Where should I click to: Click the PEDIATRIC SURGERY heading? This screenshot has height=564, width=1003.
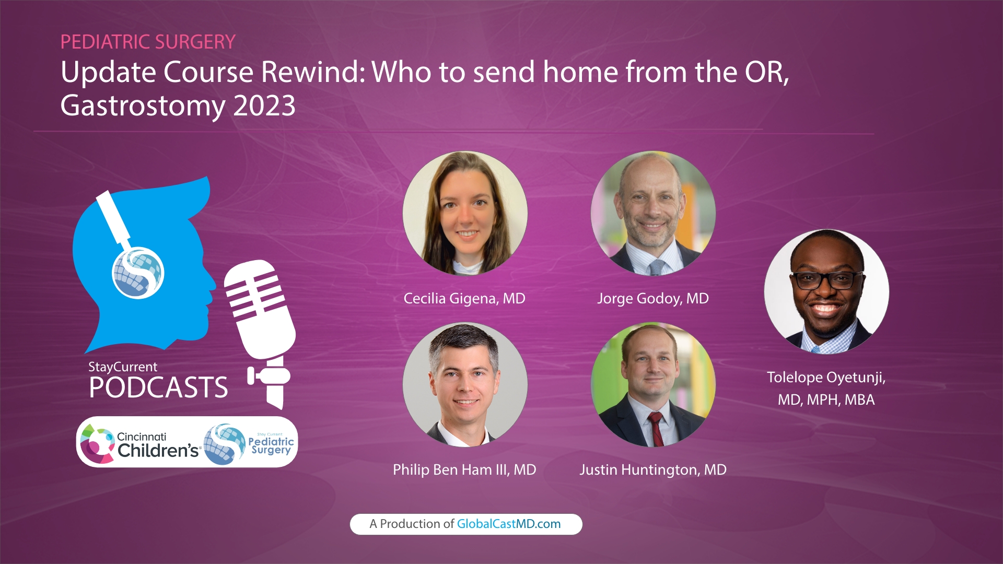[x=148, y=42]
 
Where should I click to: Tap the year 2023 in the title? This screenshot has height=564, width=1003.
[x=264, y=106]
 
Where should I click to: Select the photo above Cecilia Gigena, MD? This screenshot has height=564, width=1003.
[x=465, y=213]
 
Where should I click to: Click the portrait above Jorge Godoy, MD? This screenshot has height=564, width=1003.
[x=653, y=213]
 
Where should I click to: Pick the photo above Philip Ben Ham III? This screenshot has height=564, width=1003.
[x=465, y=384]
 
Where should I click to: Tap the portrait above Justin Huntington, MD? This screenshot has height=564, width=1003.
[x=653, y=384]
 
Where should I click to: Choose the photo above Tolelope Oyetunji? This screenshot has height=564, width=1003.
[x=826, y=291]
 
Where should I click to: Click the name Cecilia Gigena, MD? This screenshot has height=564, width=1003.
[x=464, y=299]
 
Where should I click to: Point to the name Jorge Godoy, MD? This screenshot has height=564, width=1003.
[x=653, y=299]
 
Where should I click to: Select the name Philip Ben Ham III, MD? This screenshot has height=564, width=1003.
[x=464, y=470]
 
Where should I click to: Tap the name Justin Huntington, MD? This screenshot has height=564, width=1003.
[x=653, y=470]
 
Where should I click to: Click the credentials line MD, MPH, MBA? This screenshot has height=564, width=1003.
[x=826, y=400]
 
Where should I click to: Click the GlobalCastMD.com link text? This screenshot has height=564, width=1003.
[x=509, y=524]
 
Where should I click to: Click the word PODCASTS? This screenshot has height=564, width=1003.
[x=158, y=387]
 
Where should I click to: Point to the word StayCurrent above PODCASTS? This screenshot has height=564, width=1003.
[x=123, y=367]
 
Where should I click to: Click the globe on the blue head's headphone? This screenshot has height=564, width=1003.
[x=138, y=273]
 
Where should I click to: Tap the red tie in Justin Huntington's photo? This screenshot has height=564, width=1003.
[x=655, y=428]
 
